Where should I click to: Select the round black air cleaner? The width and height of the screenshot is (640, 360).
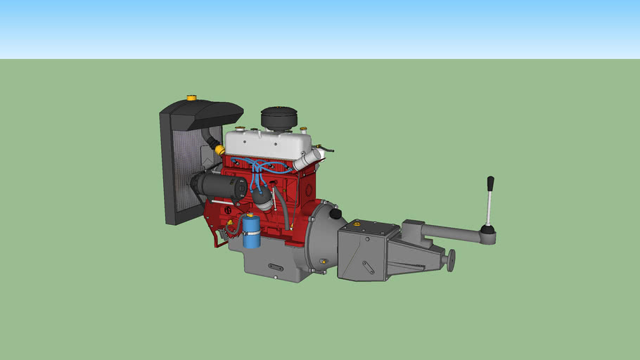tap(279, 117)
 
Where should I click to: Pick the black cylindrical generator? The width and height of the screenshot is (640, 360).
tap(218, 186)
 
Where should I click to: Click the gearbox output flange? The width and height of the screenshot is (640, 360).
tap(451, 259)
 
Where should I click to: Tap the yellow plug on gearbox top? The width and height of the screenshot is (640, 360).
tap(357, 223)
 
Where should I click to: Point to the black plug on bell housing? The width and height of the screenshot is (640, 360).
tap(335, 213)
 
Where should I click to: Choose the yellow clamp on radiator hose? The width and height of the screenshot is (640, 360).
tap(220, 150)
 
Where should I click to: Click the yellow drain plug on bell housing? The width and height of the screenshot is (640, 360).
tap(323, 262)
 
